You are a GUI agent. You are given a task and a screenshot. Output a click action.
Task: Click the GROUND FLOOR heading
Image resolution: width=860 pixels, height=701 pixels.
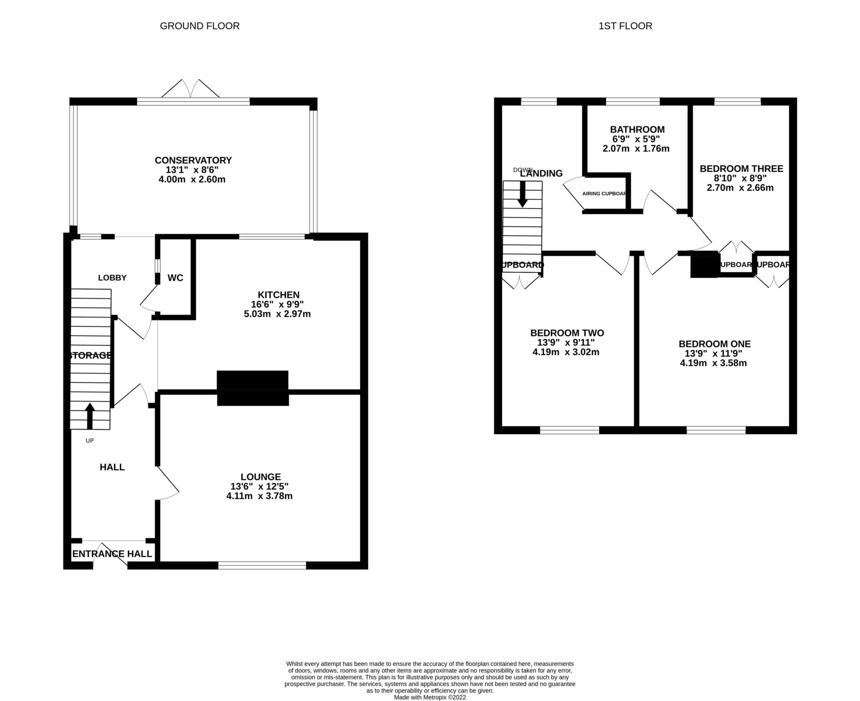[199, 26]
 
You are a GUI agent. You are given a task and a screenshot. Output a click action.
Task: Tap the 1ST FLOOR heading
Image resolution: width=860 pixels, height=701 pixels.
[625, 26]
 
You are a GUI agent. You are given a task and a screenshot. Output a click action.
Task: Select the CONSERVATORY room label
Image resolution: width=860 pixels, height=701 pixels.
[193, 160]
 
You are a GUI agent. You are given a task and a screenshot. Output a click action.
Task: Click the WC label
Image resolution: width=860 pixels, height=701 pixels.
[175, 278]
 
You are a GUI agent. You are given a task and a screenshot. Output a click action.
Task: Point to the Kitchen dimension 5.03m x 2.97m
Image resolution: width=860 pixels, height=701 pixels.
[277, 314]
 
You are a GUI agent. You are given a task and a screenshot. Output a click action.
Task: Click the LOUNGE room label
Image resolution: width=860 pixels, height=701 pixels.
[260, 477]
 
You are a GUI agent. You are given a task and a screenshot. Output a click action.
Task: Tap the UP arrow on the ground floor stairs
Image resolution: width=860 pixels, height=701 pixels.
[90, 416]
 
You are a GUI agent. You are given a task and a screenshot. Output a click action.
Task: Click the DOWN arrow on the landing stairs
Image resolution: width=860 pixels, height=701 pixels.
[522, 194]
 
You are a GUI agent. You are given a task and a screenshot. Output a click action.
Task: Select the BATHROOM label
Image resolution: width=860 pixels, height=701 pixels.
[637, 129]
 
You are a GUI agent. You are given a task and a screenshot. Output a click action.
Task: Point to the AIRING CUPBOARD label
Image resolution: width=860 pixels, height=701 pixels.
[604, 194]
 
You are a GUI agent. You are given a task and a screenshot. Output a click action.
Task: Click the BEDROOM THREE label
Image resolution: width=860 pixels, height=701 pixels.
[741, 169]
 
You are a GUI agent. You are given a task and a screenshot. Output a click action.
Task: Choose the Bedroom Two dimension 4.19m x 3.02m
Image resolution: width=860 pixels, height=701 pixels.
[566, 352]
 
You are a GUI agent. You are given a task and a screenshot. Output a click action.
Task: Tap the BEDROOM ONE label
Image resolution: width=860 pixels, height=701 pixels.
[714, 344]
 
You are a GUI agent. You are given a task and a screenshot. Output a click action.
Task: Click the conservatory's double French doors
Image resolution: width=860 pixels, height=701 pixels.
[191, 89]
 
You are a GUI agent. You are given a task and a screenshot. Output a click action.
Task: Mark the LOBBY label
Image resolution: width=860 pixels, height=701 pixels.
[112, 278]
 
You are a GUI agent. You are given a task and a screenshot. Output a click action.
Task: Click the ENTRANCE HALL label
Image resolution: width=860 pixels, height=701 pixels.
[112, 554]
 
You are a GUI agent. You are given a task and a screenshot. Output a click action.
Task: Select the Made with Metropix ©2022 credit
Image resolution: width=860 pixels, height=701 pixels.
[430, 697]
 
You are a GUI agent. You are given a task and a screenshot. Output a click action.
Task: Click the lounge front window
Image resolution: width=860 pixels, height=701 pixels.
[262, 565]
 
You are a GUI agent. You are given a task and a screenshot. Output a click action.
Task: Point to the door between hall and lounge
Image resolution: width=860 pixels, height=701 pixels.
[168, 482]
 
